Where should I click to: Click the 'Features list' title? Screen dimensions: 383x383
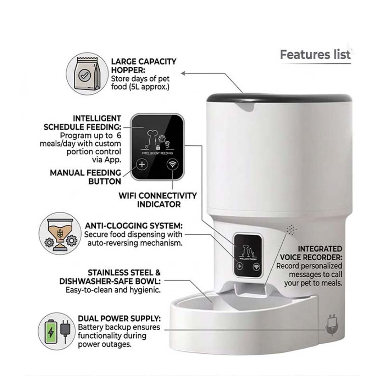pyautogui.click(x=315, y=55)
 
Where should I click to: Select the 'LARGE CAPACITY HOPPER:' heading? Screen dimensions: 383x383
pyautogui.click(x=143, y=65)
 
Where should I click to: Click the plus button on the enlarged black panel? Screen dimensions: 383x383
pyautogui.click(x=142, y=164)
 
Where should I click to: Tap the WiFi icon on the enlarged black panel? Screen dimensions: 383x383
pyautogui.click(x=173, y=164)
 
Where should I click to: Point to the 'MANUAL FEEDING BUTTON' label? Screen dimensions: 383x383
pyautogui.click(x=85, y=177)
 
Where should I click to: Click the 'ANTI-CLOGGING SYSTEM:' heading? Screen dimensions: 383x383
pyautogui.click(x=134, y=226)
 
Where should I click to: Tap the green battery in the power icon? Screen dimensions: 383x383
pyautogui.click(x=51, y=331)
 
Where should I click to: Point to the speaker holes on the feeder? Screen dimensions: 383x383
pyautogui.click(x=292, y=230)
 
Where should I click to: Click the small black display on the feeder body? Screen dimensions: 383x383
pyautogui.click(x=248, y=255)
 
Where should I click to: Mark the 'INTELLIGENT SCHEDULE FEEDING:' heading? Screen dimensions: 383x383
pyautogui.click(x=82, y=123)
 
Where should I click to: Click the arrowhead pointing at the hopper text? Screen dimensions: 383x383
pyautogui.click(x=184, y=73)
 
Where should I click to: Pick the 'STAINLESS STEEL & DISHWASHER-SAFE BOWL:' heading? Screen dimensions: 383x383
pyautogui.click(x=110, y=277)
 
